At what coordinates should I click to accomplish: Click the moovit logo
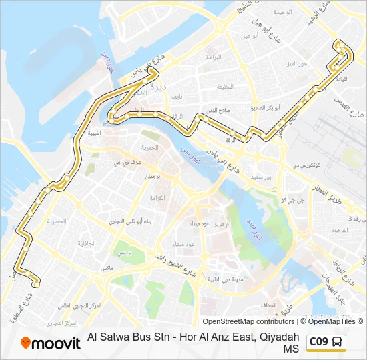click(50, 343)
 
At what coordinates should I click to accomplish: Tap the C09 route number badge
click(318, 342)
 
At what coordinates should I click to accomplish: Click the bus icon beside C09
click(338, 343)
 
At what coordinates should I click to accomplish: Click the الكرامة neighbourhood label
click(157, 199)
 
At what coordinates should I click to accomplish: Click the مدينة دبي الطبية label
click(222, 279)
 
